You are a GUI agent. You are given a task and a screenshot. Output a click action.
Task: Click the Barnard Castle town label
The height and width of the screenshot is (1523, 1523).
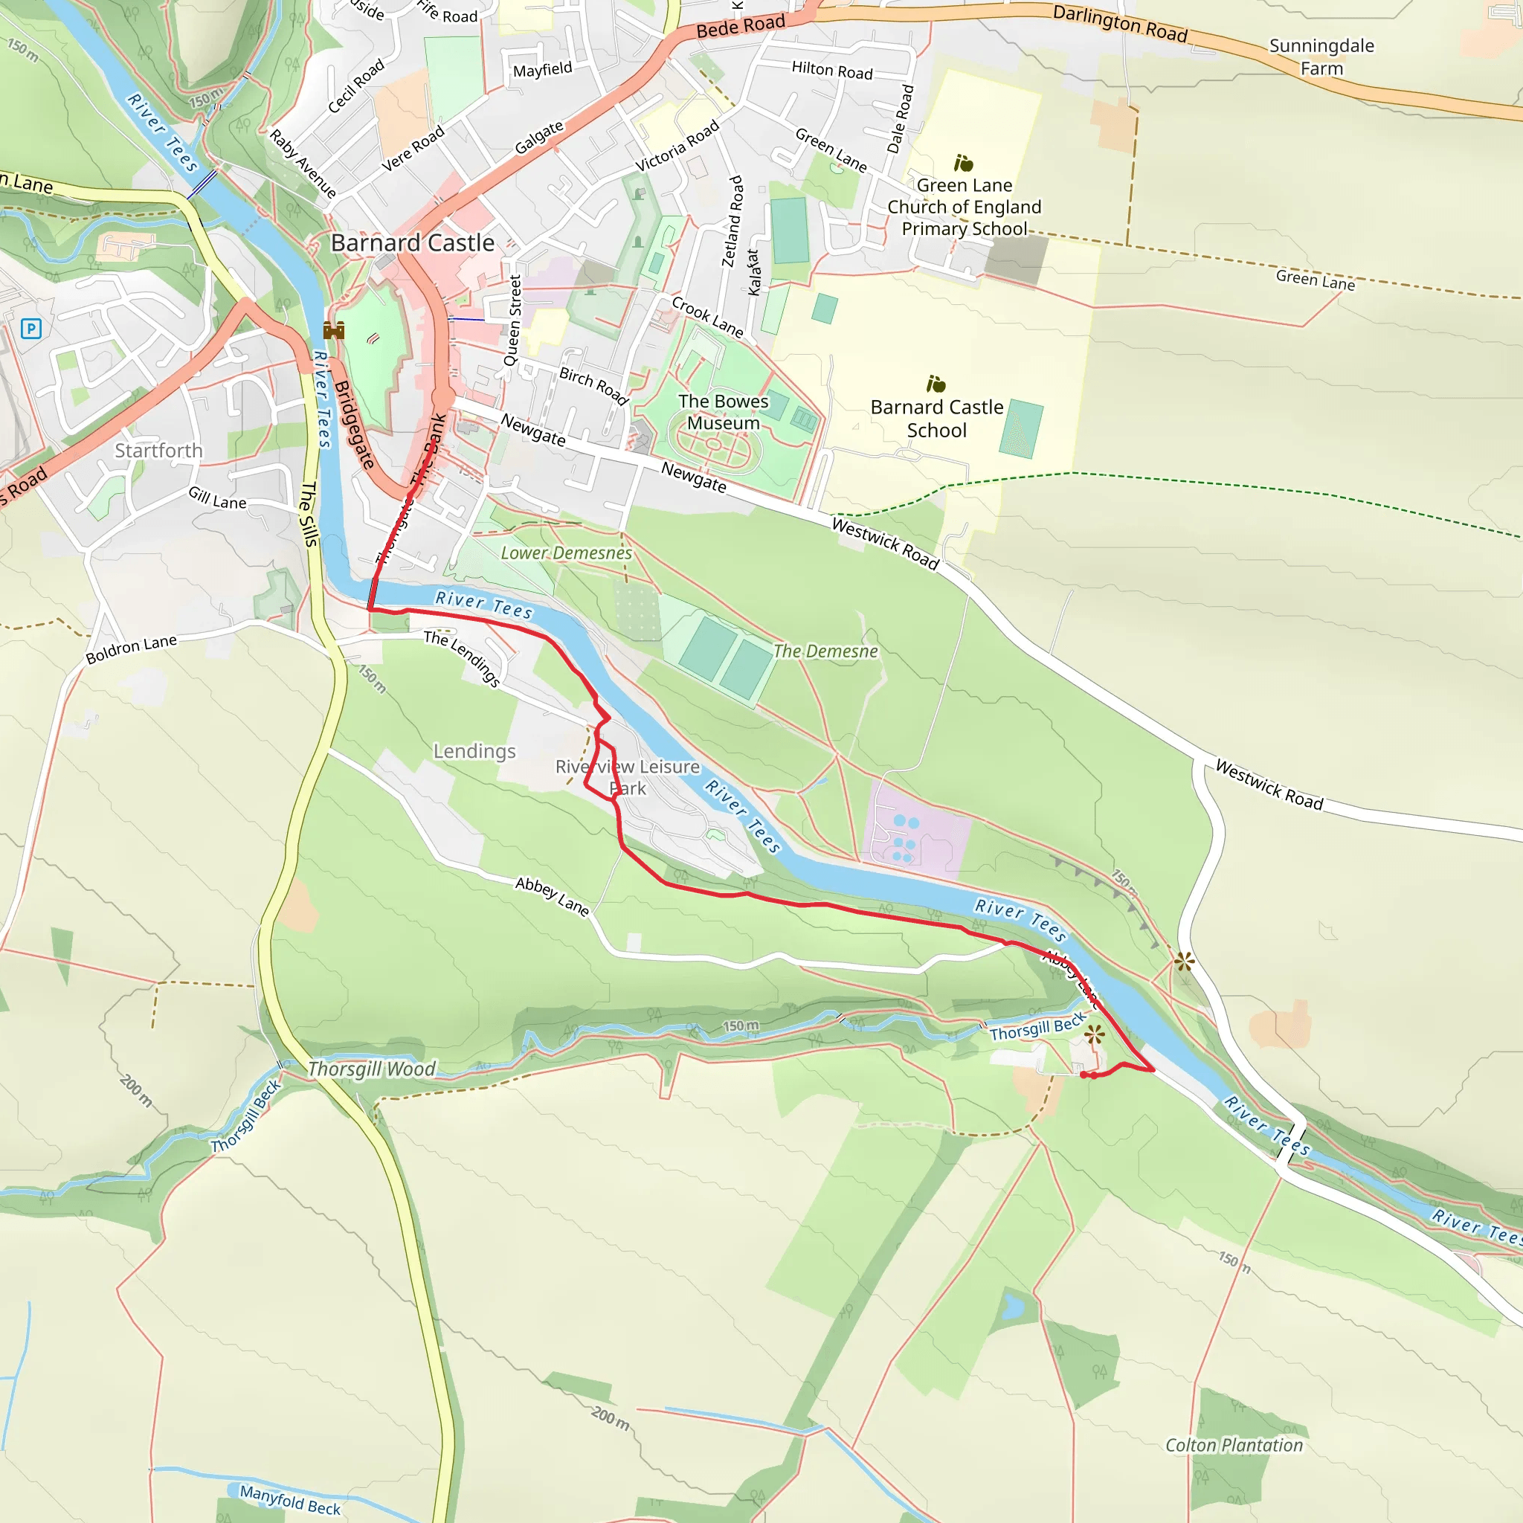(412, 242)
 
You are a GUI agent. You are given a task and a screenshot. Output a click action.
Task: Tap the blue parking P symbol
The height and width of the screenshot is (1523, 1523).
(30, 328)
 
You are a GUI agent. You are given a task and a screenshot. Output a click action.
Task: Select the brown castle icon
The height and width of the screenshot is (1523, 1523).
(333, 330)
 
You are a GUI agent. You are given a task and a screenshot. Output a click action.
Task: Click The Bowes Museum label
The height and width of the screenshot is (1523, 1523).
(723, 412)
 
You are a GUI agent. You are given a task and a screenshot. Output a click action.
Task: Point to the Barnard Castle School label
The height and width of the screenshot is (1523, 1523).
(936, 419)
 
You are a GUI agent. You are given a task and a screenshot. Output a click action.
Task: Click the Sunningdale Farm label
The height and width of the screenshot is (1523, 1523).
(1321, 57)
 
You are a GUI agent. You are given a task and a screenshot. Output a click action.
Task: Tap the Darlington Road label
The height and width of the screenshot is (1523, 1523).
(1119, 24)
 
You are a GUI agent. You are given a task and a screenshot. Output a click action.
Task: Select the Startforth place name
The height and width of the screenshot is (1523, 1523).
(158, 451)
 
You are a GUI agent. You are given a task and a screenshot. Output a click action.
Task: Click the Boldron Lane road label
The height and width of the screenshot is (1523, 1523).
(131, 649)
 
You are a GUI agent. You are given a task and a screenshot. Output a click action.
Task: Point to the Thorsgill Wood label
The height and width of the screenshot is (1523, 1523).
(370, 1069)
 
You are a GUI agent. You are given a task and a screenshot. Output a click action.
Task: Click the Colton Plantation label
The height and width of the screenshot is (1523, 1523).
(1234, 1445)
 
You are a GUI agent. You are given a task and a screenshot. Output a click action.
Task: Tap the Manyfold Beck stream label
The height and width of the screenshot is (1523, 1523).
(290, 1500)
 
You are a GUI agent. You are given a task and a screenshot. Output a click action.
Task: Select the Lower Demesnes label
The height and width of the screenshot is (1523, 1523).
(566, 553)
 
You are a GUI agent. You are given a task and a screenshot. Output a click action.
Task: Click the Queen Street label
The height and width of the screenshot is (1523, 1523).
(513, 320)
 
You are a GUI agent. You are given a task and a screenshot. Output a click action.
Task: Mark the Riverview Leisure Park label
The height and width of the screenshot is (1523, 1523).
(628, 777)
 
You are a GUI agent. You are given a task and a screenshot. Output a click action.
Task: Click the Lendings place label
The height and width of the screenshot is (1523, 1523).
(474, 751)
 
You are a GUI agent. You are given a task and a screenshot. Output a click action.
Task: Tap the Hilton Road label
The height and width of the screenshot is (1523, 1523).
(831, 71)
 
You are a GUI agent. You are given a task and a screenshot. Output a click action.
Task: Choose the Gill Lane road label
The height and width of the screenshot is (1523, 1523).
(217, 498)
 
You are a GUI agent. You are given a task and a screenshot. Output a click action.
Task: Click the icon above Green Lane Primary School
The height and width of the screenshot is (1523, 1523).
(963, 163)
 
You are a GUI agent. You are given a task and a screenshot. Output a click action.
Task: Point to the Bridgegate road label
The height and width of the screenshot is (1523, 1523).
(353, 425)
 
